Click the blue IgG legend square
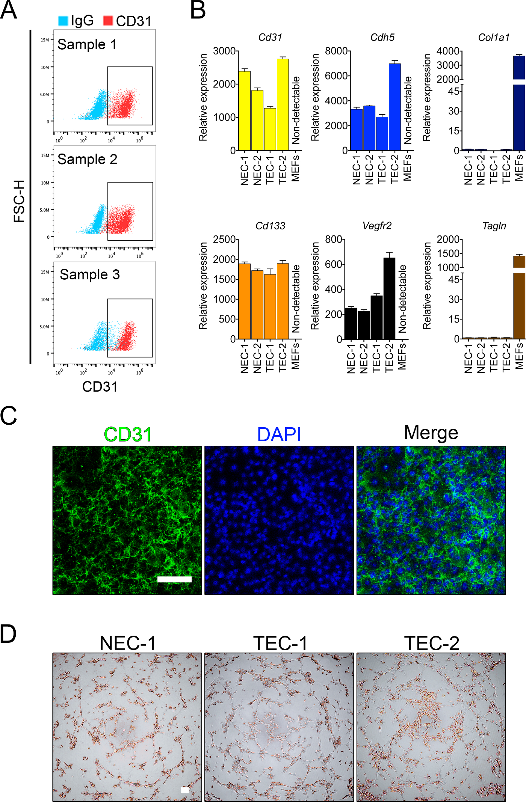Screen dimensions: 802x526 coord(63,21)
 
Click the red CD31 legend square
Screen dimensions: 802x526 coord(108,21)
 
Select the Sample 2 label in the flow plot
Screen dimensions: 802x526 coord(87,159)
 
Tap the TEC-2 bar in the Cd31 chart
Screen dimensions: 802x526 coord(283,105)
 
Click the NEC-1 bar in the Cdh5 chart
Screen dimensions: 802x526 coord(357,130)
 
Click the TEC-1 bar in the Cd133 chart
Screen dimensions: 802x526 coord(270,306)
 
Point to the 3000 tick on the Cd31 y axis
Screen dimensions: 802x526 coord(224,51)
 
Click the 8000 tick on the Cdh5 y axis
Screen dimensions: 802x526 coord(336,51)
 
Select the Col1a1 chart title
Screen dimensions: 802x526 coord(494,38)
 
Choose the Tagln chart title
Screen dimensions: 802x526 coord(494,226)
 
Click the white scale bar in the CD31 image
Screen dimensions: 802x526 coord(174,579)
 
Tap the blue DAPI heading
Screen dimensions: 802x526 coord(279,434)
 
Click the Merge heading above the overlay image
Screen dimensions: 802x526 coord(431,433)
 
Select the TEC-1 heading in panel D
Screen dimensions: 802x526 coord(280,643)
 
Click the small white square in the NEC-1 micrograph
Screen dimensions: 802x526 coord(185,790)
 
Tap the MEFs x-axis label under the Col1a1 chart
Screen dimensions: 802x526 coord(519,168)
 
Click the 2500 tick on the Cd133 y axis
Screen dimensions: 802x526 coord(224,240)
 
